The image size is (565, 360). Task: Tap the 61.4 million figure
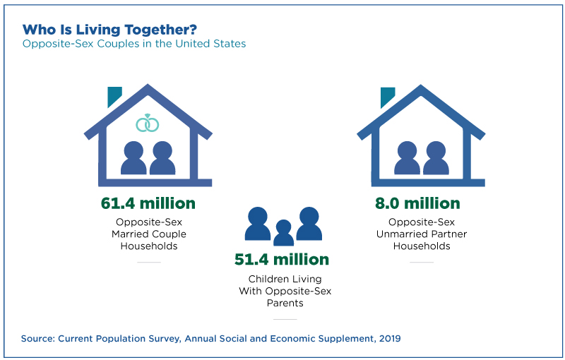[148, 203]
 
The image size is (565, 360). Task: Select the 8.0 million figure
[417, 203]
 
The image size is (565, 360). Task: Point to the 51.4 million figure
[282, 260]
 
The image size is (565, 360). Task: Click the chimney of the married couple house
[114, 96]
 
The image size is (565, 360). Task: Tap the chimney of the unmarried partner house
[386, 96]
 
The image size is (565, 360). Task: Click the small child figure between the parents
[284, 233]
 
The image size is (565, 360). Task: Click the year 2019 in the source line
[390, 339]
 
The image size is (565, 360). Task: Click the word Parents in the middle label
[285, 303]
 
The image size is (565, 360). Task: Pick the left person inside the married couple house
[133, 158]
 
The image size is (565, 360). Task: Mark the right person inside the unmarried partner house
[436, 158]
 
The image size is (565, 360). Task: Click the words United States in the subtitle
[210, 44]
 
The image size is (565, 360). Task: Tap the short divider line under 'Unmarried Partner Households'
[422, 262]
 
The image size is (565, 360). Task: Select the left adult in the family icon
[258, 224]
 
